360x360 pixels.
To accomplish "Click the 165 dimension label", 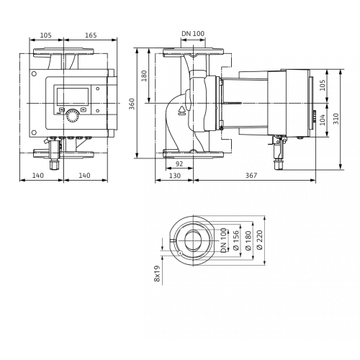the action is point(91,35).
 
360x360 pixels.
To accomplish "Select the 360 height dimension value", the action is point(132,104).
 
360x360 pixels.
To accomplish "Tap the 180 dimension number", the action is point(144,76).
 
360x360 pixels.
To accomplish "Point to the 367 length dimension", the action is point(251,176).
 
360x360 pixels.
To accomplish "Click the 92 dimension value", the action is point(179,164).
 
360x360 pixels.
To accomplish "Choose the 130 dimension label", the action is point(175,176).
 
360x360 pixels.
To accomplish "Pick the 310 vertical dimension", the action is point(336,119).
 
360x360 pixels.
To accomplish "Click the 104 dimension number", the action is point(323,120).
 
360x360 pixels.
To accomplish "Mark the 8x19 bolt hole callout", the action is point(157,274).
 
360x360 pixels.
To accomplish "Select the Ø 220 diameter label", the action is point(260,240).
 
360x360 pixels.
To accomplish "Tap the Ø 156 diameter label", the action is point(236,240).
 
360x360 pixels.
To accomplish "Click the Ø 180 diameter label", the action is point(248,240).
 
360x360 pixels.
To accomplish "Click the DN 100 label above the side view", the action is point(193,33).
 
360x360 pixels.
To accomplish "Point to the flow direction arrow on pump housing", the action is point(183,110).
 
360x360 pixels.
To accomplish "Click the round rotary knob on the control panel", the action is point(72,116).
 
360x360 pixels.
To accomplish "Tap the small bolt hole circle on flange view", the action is point(179,253).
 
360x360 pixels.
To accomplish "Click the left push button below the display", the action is point(62,109).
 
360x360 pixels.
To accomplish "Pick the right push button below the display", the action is point(84,109).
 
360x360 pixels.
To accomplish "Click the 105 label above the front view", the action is point(45,35).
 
